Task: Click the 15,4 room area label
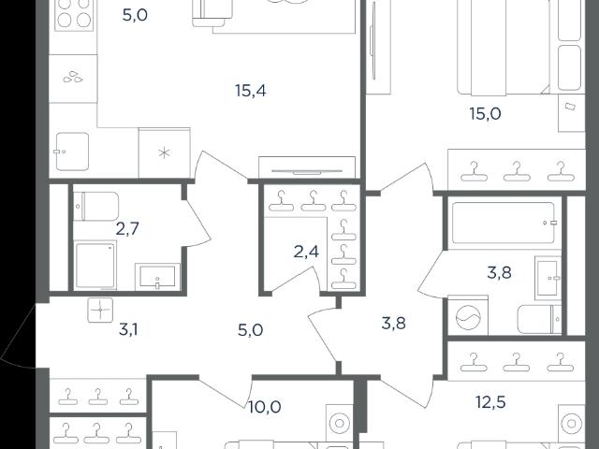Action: pyautogui.click(x=251, y=91)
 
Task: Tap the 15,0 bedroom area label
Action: pyautogui.click(x=485, y=114)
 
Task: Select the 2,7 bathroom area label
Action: pyautogui.click(x=127, y=229)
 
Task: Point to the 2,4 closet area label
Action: pyautogui.click(x=306, y=252)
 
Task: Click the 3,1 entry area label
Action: pyautogui.click(x=128, y=329)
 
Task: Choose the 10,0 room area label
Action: pyautogui.click(x=265, y=407)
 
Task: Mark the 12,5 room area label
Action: pyautogui.click(x=490, y=402)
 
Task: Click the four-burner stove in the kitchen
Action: pyautogui.click(x=74, y=15)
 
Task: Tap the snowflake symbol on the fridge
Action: pyautogui.click(x=164, y=153)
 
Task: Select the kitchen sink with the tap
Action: pyautogui.click(x=72, y=152)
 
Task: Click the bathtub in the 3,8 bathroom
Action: pyautogui.click(x=504, y=223)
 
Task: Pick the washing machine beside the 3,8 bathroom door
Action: pyautogui.click(x=468, y=316)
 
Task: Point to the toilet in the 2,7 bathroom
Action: pyautogui.click(x=96, y=206)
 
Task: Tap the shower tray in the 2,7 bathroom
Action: pyautogui.click(x=95, y=266)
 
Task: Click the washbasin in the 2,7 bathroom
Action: pyautogui.click(x=157, y=276)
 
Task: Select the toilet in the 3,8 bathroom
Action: pyautogui.click(x=539, y=320)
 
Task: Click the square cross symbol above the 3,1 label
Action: pyautogui.click(x=100, y=310)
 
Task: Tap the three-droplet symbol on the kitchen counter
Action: pyautogui.click(x=73, y=77)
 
